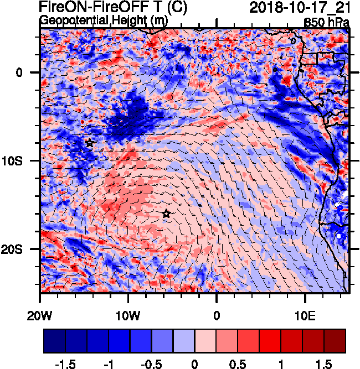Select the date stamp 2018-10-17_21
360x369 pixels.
coord(299,8)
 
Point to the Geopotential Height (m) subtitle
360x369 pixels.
coord(104,20)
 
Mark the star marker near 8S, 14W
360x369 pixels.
coord(90,143)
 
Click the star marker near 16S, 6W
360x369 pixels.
coord(166,214)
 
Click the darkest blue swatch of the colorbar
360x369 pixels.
coord(54,341)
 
